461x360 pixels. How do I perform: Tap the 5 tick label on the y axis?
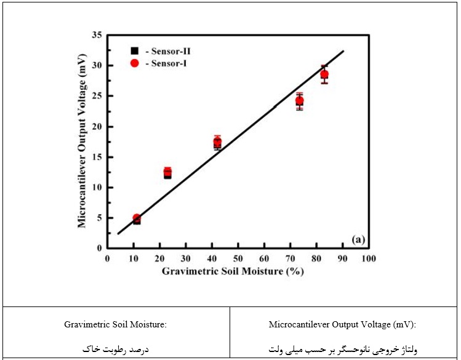(x=99, y=218)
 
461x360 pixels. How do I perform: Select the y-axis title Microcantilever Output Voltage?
(x=82, y=141)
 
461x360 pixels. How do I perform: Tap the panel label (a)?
(x=358, y=239)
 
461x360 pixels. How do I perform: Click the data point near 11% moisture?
(x=137, y=218)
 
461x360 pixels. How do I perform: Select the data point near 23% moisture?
(x=167, y=172)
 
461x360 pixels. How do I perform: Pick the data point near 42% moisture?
(x=217, y=142)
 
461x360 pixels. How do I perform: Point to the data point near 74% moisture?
(x=299, y=101)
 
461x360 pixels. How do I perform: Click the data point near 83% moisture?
(x=324, y=74)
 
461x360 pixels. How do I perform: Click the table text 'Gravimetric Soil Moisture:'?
(x=116, y=324)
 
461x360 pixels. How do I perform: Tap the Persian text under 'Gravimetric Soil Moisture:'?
(x=116, y=349)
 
